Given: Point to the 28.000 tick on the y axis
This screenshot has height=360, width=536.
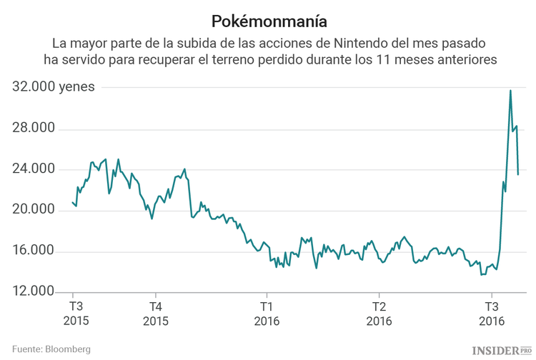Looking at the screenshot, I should pyautogui.click(x=34, y=129).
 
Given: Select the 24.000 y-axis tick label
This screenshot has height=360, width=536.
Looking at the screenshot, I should pyautogui.click(x=34, y=169).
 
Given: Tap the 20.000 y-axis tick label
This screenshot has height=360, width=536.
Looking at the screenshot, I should pyautogui.click(x=34, y=210).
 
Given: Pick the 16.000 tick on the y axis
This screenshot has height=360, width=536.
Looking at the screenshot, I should pyautogui.click(x=34, y=251).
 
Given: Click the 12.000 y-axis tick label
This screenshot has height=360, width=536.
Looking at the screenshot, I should pyautogui.click(x=34, y=292).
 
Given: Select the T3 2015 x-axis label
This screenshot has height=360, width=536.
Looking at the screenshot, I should pyautogui.click(x=74, y=314).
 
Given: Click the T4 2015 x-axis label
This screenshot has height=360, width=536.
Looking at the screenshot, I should pyautogui.click(x=155, y=314).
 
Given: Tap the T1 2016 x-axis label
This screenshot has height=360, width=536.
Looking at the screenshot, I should pyautogui.click(x=267, y=314).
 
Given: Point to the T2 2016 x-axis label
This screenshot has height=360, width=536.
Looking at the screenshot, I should pyautogui.click(x=378, y=314).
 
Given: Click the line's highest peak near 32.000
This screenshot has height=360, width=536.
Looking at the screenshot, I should pyautogui.click(x=510, y=91).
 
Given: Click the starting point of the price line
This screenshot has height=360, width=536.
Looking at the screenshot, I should pyautogui.click(x=73, y=202).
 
